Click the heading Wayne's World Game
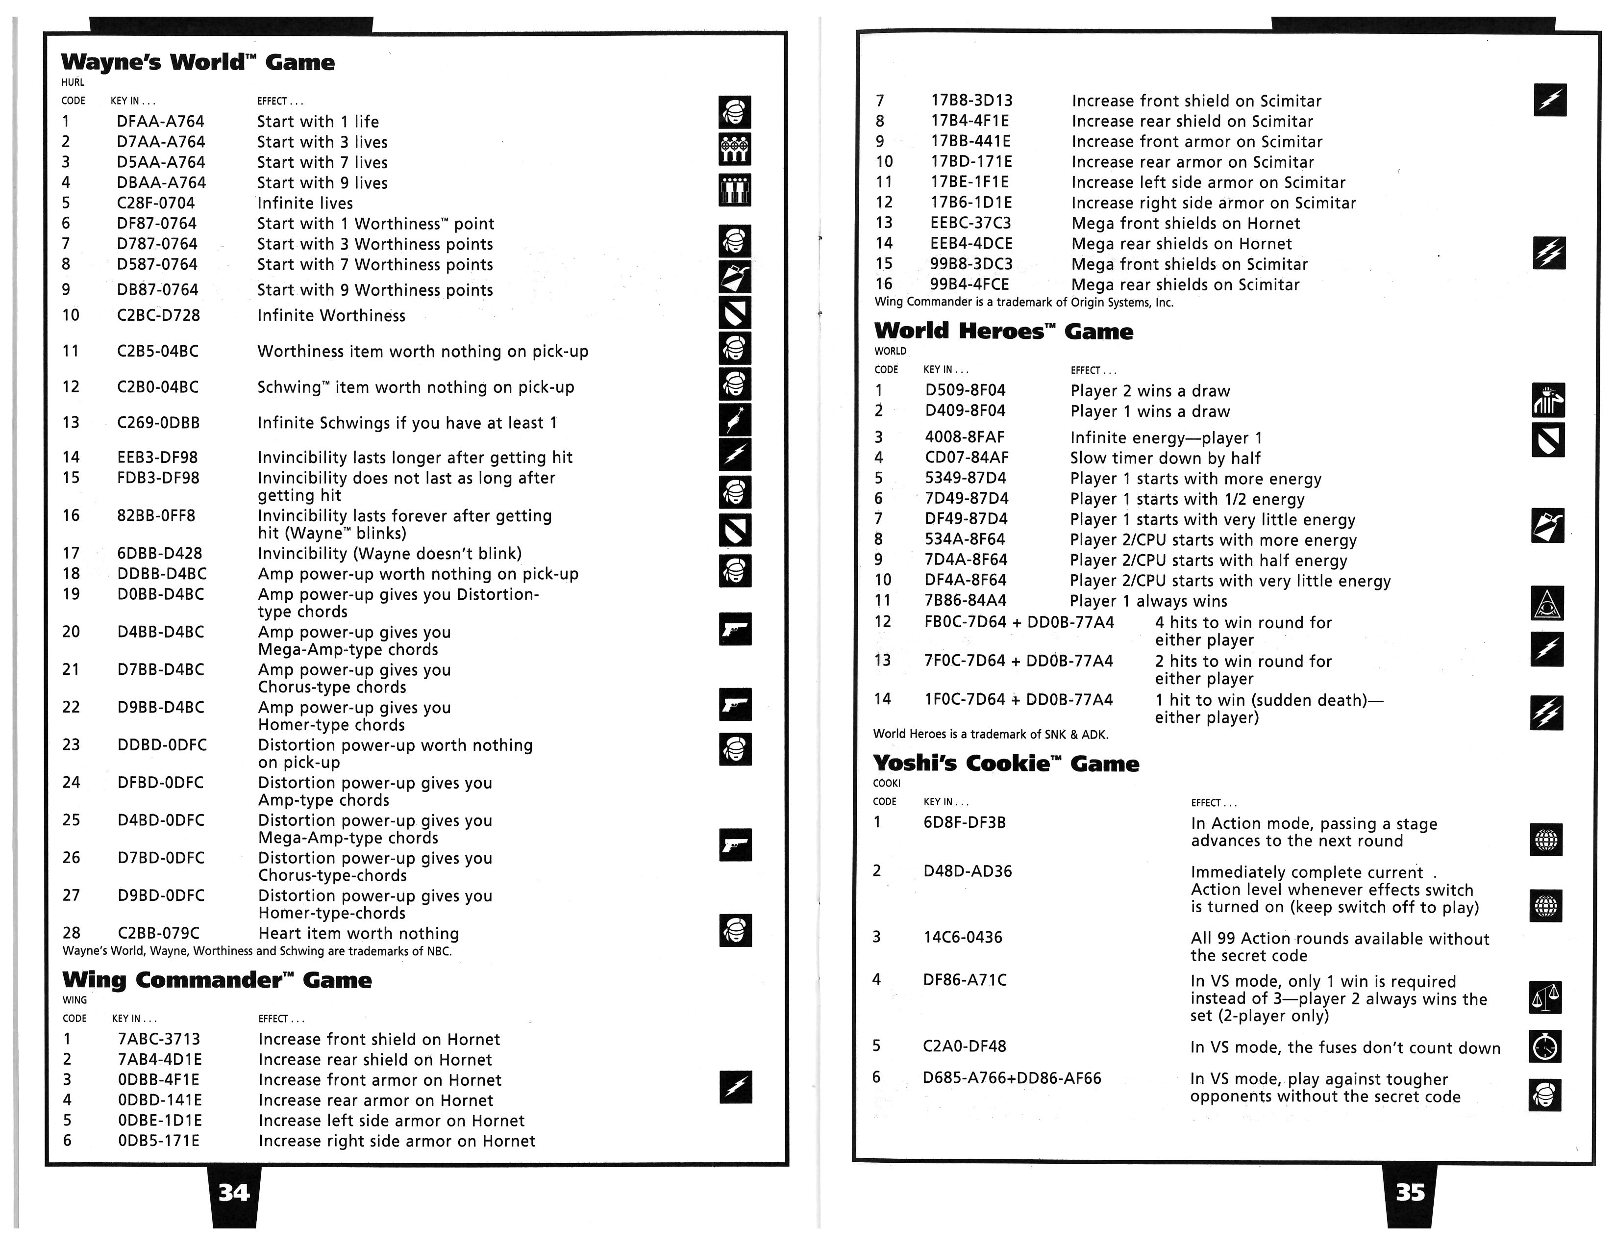(x=198, y=62)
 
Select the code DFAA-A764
(x=160, y=121)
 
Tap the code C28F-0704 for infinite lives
(x=156, y=203)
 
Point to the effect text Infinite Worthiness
(x=331, y=316)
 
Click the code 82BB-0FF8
(x=156, y=515)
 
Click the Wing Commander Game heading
(x=217, y=980)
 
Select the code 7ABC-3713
(x=159, y=1040)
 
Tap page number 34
(x=234, y=1193)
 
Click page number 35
(x=1410, y=1193)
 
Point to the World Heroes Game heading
(x=1003, y=332)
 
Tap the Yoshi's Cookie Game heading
(x=1006, y=764)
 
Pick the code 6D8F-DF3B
(x=964, y=823)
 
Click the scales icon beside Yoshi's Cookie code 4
(x=1545, y=998)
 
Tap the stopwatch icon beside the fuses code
(x=1545, y=1047)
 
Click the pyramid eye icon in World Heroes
(x=1547, y=604)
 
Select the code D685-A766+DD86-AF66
(x=1012, y=1079)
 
